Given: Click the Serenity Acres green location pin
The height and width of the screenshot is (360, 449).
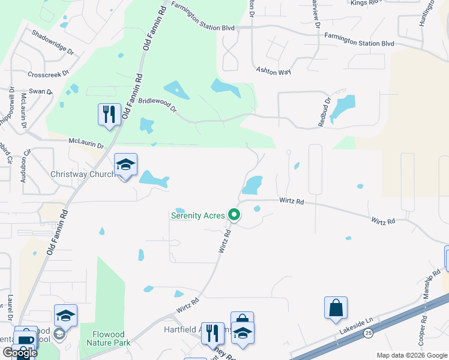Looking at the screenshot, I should pos(234,215).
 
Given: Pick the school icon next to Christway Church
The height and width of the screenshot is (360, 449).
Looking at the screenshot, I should pos(126,165).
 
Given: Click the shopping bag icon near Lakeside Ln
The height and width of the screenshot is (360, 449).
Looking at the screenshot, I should pos(336,308).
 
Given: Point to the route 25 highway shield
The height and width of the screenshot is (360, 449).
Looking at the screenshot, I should pos(367,332).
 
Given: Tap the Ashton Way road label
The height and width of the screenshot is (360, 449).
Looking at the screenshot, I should pos(273,71).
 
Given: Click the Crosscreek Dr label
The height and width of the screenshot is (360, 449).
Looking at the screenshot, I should pos(50,74).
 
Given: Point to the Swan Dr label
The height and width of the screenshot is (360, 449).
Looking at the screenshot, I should pos(41,91).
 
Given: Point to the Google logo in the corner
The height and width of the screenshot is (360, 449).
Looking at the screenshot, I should pos(19,352).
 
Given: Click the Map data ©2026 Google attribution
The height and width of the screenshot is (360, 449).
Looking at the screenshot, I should pos(412,355).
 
